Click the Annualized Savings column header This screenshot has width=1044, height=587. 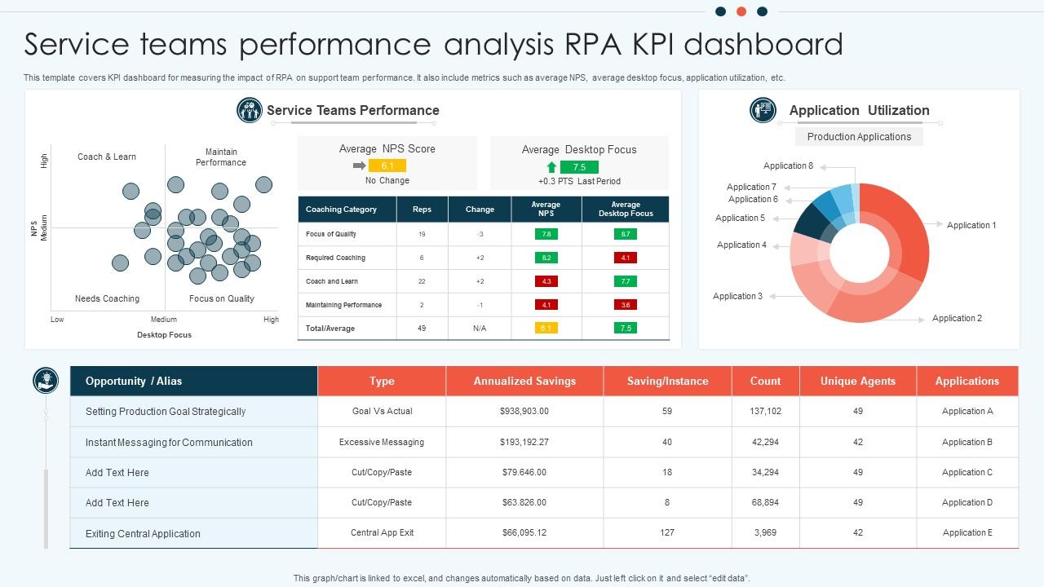(524, 381)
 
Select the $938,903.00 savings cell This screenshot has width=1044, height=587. (524, 412)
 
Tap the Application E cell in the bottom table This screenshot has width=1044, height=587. (967, 533)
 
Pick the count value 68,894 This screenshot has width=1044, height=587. (765, 503)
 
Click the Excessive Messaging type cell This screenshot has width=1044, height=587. (382, 443)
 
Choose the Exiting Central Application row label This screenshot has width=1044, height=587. (143, 534)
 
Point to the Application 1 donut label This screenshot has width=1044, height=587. (971, 226)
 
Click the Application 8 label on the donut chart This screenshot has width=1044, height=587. (788, 166)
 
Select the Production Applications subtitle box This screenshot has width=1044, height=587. (859, 137)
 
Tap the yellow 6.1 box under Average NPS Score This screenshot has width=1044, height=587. (387, 166)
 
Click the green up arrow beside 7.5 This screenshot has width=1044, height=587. (551, 167)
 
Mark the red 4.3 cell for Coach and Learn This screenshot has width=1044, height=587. (546, 281)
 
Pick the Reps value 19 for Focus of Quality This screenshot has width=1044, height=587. (422, 235)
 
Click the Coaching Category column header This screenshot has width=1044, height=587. (341, 210)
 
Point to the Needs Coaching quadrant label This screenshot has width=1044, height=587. (107, 299)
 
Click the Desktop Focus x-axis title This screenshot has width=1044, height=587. (164, 335)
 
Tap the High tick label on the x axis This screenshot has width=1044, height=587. (271, 320)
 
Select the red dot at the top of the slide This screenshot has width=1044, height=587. (741, 11)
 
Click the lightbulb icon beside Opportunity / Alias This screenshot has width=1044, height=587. (46, 381)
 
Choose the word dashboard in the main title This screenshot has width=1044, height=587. (763, 44)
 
